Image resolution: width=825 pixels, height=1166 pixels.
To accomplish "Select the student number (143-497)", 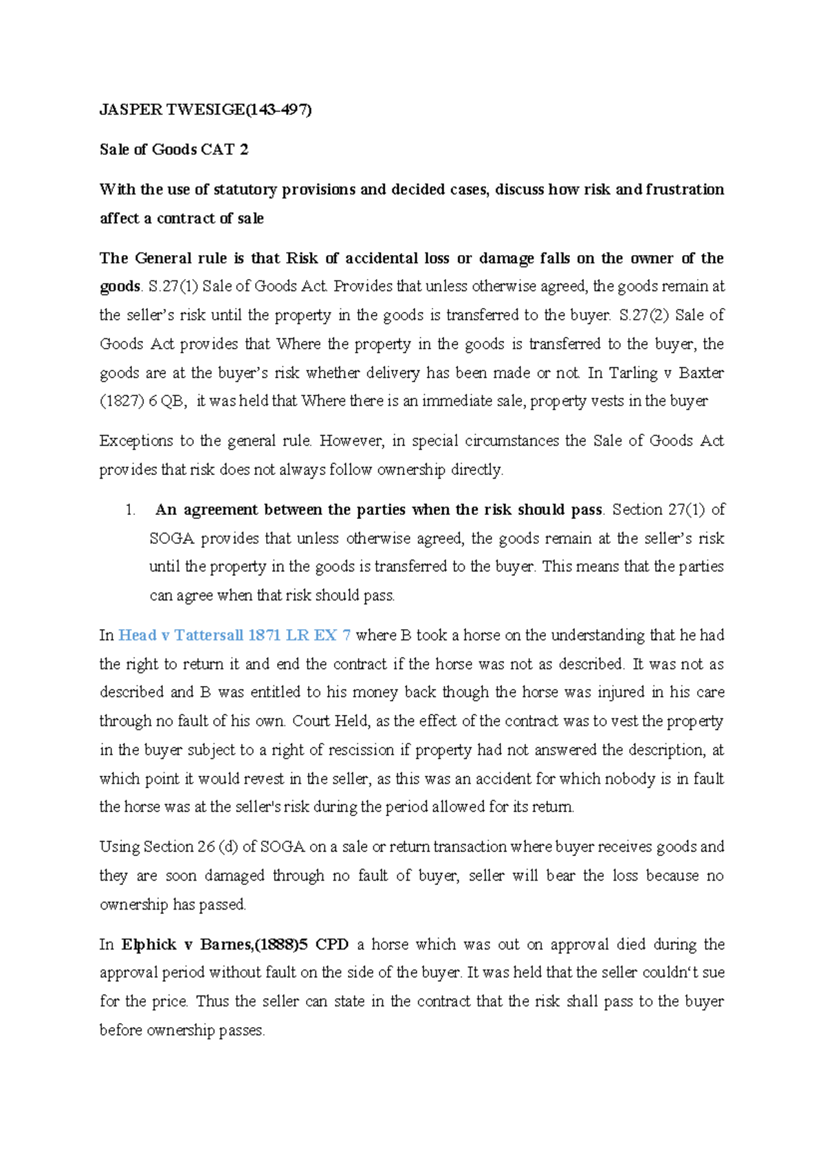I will coord(279,110).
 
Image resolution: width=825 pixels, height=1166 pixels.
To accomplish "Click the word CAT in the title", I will coord(218,150).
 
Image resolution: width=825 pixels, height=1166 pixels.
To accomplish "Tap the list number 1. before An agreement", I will coord(130,510).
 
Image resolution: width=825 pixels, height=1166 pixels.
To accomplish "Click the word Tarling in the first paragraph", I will coord(633,373).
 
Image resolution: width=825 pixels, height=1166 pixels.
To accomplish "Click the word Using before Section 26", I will coord(120,847).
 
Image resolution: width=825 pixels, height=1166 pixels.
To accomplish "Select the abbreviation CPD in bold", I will coord(332,945).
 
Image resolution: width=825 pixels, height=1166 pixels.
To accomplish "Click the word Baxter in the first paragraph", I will coord(701,373).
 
